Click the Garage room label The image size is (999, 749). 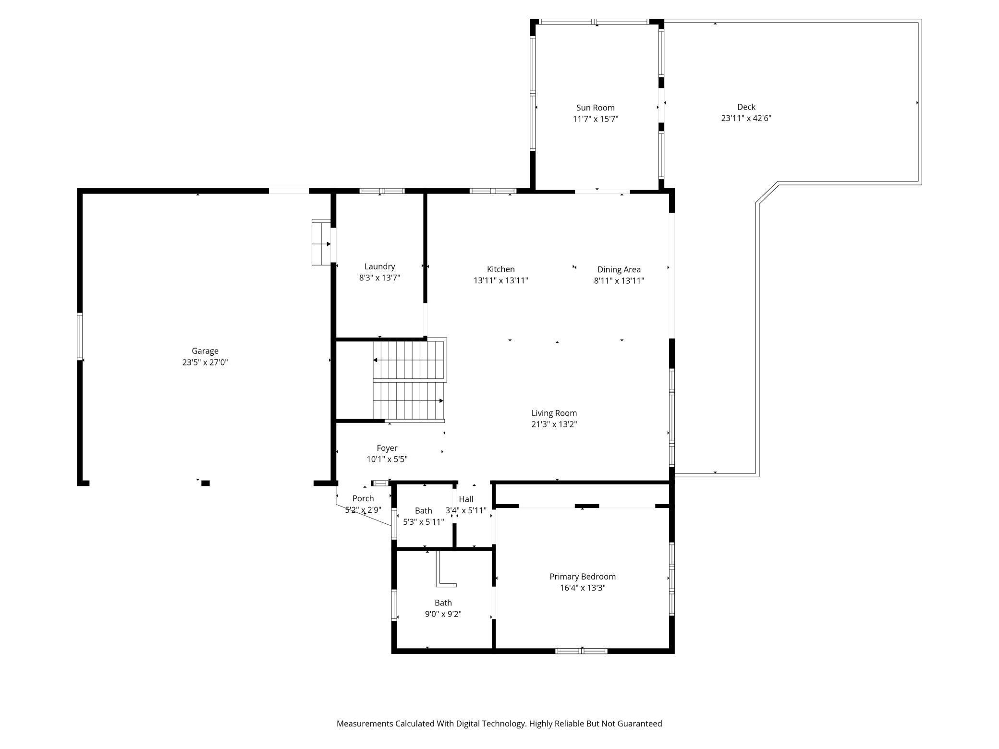coord(205,351)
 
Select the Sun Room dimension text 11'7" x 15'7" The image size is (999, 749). coord(595,119)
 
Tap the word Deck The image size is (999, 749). coord(746,107)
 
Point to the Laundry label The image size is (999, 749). coord(379,266)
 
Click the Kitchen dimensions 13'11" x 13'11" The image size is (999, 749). coord(500,281)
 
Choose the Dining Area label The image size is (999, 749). coord(619,269)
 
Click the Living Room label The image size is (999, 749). coord(554,413)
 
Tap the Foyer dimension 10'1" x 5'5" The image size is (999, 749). coord(387,459)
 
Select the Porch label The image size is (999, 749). coord(363,498)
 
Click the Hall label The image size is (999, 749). coord(465,499)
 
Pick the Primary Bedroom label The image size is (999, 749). coord(582,577)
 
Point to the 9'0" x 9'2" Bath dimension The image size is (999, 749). coord(443,614)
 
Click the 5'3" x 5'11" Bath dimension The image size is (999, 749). coord(423,522)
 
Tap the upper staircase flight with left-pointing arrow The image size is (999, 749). coord(408,360)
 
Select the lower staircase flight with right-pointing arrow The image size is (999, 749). coord(408,400)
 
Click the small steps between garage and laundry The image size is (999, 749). coord(321,242)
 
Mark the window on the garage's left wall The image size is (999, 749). coord(80,336)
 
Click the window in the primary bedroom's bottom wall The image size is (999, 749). coord(581,651)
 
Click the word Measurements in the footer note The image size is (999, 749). coord(365,724)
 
